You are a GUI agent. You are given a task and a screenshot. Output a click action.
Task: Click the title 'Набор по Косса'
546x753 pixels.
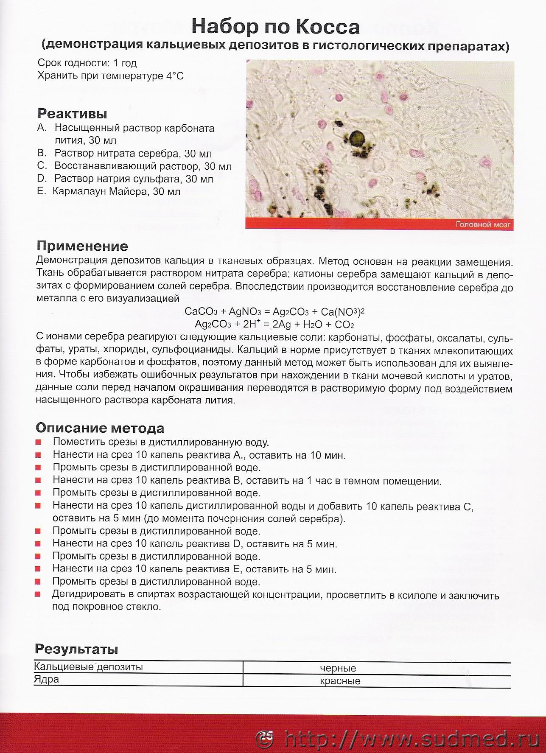[275, 27]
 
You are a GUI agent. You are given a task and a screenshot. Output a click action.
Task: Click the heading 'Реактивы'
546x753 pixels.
[72, 114]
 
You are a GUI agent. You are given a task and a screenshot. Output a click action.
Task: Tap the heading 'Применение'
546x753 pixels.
[82, 246]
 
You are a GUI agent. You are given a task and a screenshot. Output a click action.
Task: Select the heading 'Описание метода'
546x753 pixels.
[100, 428]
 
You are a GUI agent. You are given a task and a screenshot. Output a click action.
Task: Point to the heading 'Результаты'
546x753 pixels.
[76, 649]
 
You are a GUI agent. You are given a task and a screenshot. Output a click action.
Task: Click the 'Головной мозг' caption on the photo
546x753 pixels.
[483, 224]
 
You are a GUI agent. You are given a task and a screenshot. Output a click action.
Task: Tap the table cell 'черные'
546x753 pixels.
[338, 668]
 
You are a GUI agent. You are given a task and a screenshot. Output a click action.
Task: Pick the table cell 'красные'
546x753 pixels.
[340, 681]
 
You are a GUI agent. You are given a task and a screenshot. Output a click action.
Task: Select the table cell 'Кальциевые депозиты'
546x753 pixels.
[88, 667]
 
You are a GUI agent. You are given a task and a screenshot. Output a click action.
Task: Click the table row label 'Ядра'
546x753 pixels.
[47, 679]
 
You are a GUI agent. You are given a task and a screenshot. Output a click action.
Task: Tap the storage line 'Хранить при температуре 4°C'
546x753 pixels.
[111, 76]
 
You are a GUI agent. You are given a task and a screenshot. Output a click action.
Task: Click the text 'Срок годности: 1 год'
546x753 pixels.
[87, 63]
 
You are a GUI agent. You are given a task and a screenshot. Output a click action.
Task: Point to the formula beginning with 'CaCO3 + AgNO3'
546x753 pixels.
[274, 312]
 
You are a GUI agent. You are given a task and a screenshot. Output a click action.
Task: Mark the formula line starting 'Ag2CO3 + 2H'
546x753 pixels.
[274, 325]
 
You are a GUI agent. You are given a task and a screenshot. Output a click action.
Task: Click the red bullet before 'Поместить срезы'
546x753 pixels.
[38, 442]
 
